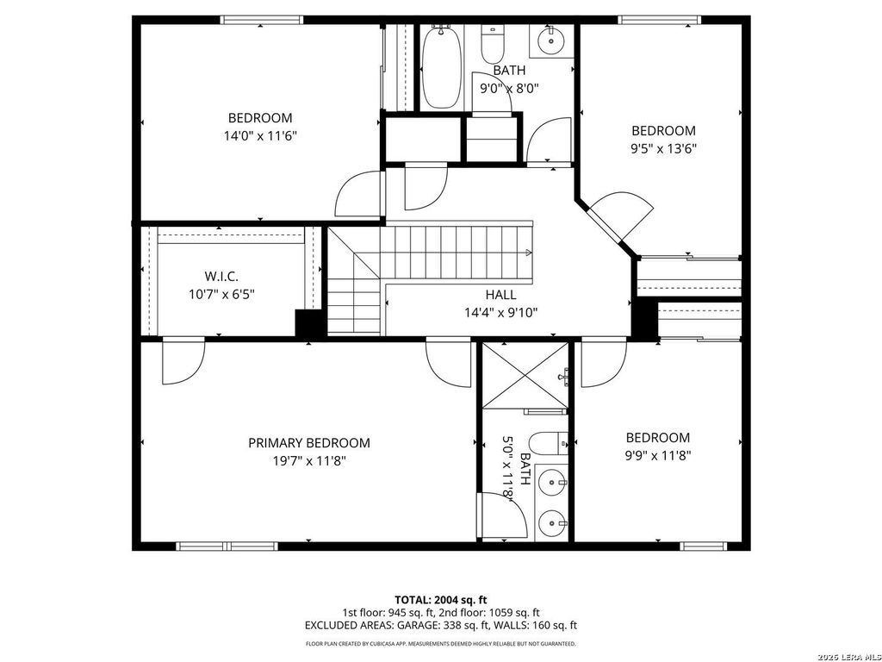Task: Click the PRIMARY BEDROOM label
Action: click(309, 443)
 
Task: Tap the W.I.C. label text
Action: click(221, 277)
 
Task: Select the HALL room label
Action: click(500, 295)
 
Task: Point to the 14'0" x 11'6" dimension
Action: click(260, 135)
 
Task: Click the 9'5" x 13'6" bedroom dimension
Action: click(661, 148)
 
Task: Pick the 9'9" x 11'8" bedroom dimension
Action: click(657, 455)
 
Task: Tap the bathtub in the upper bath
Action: click(442, 67)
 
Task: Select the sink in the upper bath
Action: click(551, 40)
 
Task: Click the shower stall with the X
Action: click(525, 376)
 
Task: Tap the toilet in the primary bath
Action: click(549, 442)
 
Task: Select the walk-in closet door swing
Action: click(183, 361)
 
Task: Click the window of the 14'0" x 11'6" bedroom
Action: click(262, 21)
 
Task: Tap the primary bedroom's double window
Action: click(227, 546)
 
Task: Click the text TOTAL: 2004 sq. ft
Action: click(440, 600)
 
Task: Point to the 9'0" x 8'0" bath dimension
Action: click(509, 89)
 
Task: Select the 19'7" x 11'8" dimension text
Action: click(309, 461)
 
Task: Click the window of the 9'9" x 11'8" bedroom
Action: click(703, 546)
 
